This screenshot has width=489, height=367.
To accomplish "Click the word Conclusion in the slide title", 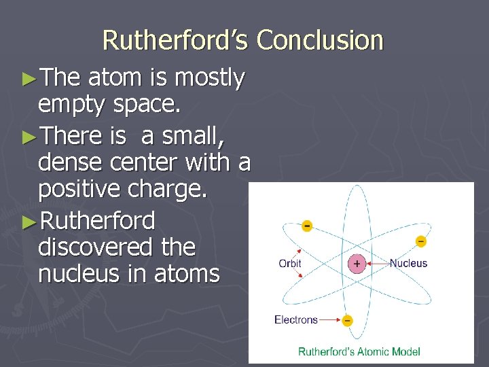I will click(320, 40).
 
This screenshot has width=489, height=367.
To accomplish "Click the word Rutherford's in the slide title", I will click(176, 40).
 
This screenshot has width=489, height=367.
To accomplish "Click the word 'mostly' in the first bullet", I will click(209, 79).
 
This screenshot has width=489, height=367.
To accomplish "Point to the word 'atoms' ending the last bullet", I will click(189, 274).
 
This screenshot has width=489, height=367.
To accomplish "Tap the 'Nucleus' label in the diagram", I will click(408, 263).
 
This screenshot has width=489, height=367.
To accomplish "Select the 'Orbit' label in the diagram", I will click(290, 264).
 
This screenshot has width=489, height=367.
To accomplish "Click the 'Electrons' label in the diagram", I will click(295, 319).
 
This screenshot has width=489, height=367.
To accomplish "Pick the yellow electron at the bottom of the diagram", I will click(347, 320).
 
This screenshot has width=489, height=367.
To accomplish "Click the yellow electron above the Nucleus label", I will click(421, 241).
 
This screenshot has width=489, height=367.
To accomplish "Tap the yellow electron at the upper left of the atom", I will click(307, 226).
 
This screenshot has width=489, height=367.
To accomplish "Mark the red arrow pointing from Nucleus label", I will click(377, 264).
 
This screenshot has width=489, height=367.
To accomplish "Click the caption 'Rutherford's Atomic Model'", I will click(359, 351).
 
